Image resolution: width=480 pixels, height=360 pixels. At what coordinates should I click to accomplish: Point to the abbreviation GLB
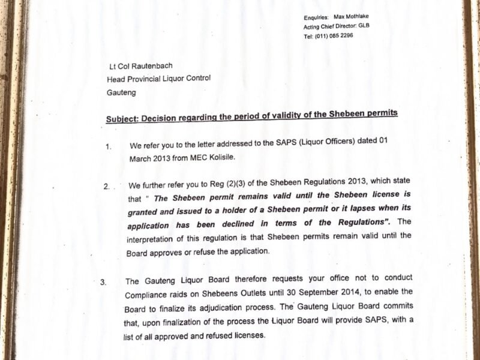point(364,26)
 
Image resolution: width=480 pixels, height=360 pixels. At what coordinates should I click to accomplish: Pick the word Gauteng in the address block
point(121,92)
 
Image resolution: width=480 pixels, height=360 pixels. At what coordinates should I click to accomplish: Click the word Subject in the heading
point(122,118)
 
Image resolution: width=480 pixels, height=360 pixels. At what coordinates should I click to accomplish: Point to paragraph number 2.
point(106,187)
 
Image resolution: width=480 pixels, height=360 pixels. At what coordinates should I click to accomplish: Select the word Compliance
point(147,295)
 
